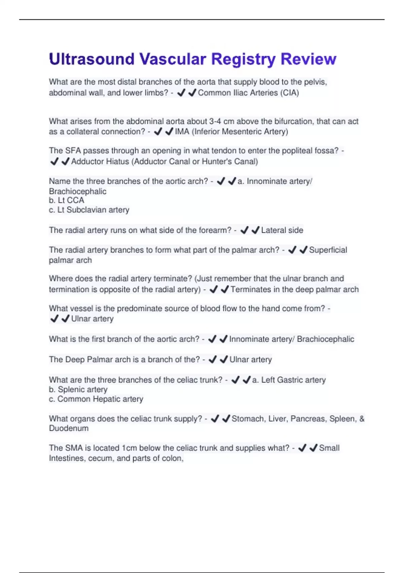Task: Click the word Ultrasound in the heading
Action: (92, 59)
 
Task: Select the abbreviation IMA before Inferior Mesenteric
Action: (182, 131)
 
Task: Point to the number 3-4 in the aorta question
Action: (215, 121)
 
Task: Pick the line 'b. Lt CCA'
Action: (66, 200)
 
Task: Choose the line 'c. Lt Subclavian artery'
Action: (89, 210)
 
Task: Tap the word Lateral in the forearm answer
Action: (272, 230)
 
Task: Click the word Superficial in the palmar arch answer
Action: (328, 250)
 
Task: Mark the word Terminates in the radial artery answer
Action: (251, 290)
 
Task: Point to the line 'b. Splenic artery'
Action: (78, 390)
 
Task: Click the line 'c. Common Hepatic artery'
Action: (96, 399)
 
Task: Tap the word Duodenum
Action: (69, 428)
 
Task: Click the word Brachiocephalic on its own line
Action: (77, 191)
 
